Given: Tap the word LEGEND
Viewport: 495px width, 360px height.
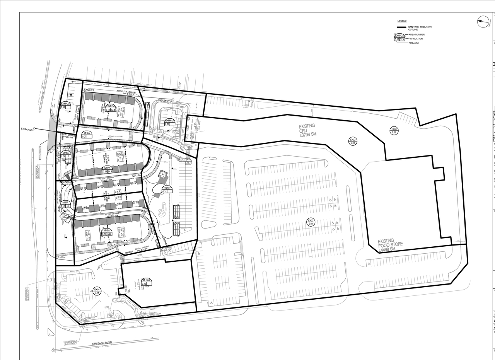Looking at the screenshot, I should tap(402, 21).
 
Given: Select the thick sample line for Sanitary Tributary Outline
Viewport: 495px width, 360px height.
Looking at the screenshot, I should tap(401, 27).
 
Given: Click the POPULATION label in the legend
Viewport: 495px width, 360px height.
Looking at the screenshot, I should tap(416, 39).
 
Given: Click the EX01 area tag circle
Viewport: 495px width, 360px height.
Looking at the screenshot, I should tap(394, 131).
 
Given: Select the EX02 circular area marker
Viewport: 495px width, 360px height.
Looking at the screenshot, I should tap(353, 141).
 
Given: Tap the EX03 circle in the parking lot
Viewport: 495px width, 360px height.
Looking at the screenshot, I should tap(311, 222).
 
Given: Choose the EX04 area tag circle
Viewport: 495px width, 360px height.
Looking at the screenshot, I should tap(97, 291).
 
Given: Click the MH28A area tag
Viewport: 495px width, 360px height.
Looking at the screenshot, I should tap(146, 282).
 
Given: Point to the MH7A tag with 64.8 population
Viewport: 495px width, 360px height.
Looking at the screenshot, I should tap(107, 169).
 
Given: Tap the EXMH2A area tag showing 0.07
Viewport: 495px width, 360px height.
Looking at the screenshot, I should tap(66, 105).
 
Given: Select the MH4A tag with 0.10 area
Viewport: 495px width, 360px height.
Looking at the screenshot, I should tap(65, 204).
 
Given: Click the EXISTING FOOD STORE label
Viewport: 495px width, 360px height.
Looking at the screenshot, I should tap(391, 244).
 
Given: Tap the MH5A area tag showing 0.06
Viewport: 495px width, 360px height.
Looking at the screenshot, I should tap(66, 155).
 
